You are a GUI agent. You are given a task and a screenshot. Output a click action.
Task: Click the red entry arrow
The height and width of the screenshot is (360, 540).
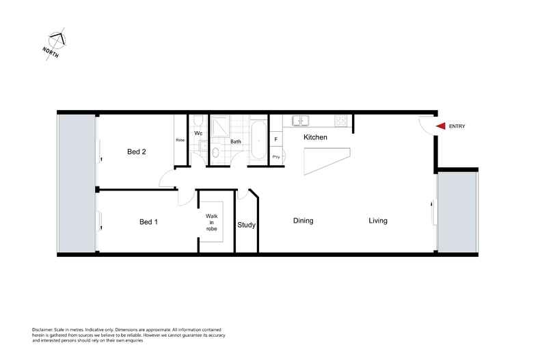pos(441,126)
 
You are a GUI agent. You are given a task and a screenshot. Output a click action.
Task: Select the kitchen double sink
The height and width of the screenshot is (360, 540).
pos(300,121)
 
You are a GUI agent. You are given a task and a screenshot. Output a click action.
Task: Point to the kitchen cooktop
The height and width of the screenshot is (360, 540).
pos(340,121)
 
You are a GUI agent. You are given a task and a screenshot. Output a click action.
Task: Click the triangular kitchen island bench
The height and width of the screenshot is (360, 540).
pos(324,161)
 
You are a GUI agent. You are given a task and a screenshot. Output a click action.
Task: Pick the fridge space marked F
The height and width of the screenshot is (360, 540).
pos(276,139)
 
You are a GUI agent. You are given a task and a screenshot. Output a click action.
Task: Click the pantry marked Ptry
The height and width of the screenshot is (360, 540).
pos(276,157)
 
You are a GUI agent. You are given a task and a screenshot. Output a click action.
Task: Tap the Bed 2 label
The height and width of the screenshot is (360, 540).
pos(137,152)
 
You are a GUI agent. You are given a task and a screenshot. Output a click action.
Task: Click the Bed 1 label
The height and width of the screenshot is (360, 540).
pos(149,221)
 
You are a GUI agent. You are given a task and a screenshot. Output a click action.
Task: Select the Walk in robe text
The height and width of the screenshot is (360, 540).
pos(212,222)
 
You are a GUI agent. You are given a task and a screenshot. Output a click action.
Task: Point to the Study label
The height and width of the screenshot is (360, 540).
pos(246,225)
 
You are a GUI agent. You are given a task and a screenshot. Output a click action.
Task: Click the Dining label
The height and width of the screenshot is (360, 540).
pos(303,221)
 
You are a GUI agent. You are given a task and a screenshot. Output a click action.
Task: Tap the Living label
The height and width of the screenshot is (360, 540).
pos(378,221)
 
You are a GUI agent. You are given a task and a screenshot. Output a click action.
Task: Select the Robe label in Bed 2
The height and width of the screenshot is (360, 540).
pos(180,140)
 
